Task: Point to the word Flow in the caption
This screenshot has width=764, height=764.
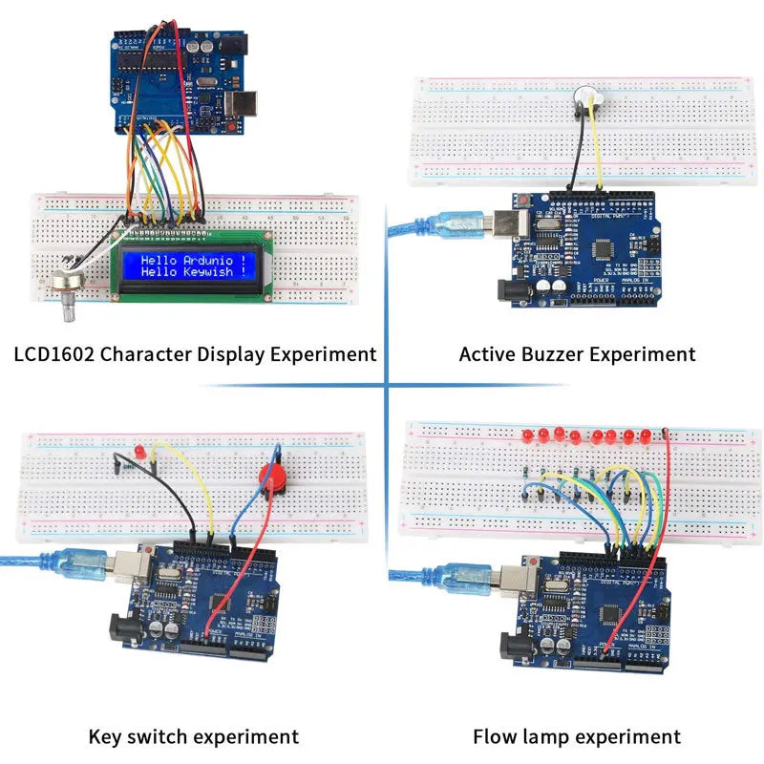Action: [496, 737]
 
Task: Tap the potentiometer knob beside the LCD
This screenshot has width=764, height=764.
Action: [67, 286]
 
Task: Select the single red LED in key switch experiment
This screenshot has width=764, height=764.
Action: [139, 449]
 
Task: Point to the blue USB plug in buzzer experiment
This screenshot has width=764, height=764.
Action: [456, 225]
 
